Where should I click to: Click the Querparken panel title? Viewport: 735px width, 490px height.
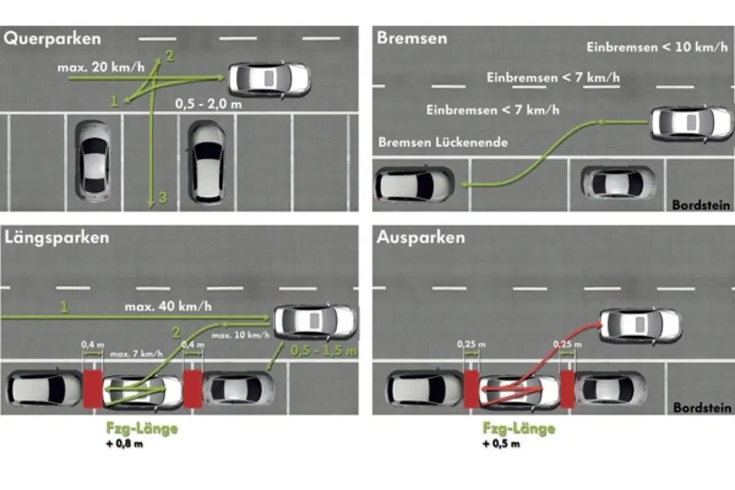(52, 39)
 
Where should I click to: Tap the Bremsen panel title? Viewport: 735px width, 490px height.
(412, 38)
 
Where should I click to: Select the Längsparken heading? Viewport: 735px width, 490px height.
(57, 238)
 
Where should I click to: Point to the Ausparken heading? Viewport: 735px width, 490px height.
(421, 237)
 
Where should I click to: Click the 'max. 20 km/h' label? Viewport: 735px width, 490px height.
(100, 67)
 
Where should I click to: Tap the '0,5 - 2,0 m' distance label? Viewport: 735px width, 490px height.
(208, 104)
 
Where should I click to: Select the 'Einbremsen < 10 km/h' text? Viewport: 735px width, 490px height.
(657, 47)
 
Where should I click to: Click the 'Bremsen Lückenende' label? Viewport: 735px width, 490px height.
(443, 142)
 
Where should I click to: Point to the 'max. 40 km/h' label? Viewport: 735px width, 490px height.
(168, 306)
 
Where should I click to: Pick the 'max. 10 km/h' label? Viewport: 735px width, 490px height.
(241, 335)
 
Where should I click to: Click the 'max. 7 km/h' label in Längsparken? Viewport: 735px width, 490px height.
(136, 354)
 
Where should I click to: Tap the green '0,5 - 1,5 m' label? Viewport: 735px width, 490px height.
(323, 351)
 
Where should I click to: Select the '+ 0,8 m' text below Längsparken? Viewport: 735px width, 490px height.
(125, 443)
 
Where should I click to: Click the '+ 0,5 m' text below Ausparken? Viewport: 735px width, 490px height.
(502, 443)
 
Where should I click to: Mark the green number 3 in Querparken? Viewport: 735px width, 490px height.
(163, 198)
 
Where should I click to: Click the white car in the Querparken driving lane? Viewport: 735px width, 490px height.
(269, 80)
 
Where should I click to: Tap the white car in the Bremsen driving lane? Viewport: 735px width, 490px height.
(692, 123)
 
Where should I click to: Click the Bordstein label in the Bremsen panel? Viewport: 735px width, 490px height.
(701, 205)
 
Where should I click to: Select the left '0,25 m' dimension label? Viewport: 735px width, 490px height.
(471, 344)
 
